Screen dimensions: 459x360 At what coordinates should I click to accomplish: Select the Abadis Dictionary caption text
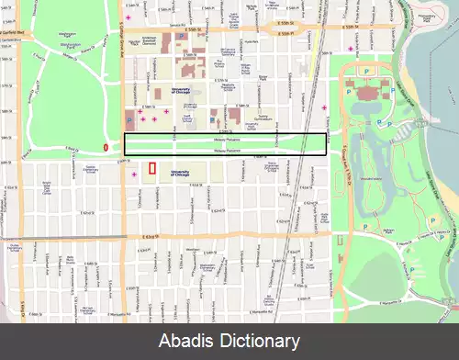(x=229, y=341)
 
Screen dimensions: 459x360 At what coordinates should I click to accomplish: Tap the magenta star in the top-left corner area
(x=129, y=18)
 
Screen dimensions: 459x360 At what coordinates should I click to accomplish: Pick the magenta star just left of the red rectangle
(x=135, y=174)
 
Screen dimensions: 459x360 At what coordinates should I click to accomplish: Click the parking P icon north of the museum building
(x=367, y=70)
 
